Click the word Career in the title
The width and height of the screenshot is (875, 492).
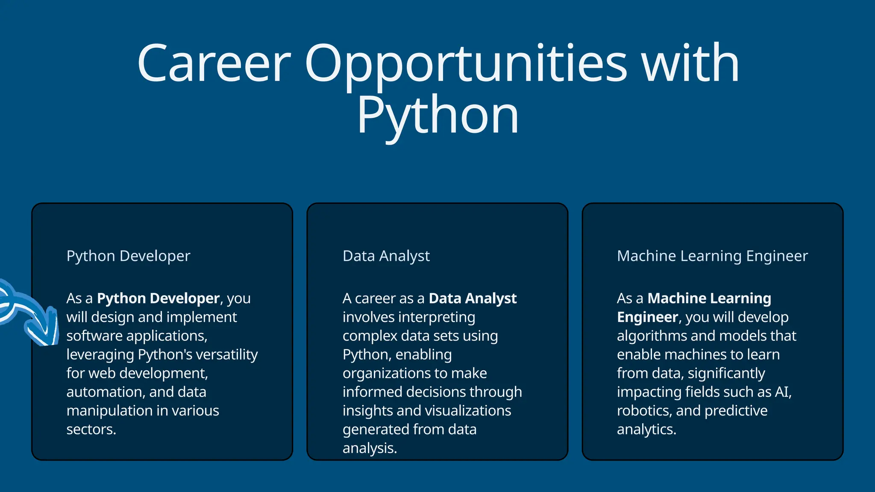[x=214, y=64]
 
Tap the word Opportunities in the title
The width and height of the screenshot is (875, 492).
[x=466, y=64]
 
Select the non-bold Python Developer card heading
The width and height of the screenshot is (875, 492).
[x=128, y=256]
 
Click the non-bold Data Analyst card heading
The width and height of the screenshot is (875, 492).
[x=386, y=256]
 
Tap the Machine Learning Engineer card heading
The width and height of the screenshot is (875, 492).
[x=712, y=256]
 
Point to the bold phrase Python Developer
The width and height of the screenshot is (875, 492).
[x=158, y=298]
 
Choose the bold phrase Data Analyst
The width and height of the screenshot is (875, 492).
[x=473, y=298]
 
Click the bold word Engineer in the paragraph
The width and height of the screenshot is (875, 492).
[x=647, y=317]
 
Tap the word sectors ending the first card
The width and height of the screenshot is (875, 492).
[x=91, y=429]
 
